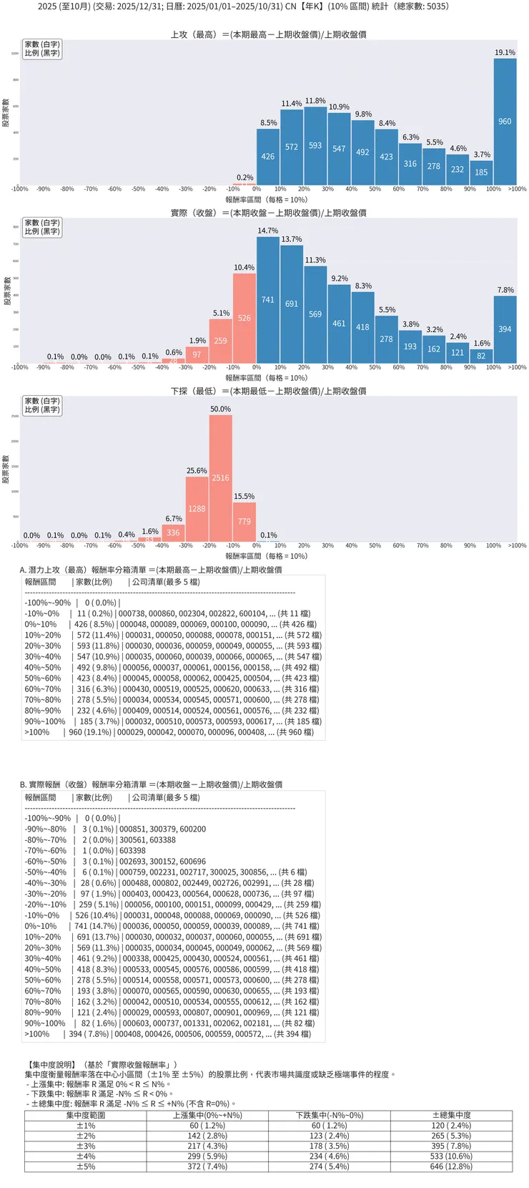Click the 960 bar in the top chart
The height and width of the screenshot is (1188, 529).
505,122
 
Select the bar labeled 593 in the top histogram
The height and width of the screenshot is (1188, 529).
315,145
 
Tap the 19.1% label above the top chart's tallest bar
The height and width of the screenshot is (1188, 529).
505,52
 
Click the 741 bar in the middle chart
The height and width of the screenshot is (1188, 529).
268,300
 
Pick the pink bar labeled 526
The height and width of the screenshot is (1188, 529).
244,318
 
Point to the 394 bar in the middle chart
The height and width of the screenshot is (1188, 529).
505,329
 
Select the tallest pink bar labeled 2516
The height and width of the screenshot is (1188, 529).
220,477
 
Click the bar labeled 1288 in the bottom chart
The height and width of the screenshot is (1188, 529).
197,509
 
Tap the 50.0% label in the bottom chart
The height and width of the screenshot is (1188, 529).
220,409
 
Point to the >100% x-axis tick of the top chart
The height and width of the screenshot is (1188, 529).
517,189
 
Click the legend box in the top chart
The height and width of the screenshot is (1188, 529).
42,49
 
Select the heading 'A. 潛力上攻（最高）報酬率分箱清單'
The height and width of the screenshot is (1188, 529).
151,570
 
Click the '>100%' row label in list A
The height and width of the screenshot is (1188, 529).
37,732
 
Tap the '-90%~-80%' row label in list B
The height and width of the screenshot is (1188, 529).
46,829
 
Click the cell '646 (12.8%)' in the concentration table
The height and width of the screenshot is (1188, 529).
451,1167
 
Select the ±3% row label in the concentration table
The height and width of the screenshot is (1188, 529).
86,1146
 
